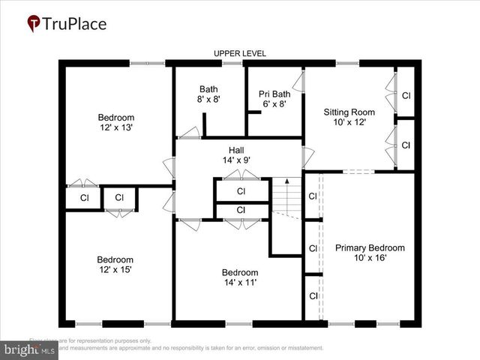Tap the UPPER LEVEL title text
coord(240,53)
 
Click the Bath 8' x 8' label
coord(209,94)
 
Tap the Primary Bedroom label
coord(370,248)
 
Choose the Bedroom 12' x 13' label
coord(116,122)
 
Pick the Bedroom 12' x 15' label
coord(116,265)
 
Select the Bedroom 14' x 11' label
coord(240,277)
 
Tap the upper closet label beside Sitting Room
coord(406,96)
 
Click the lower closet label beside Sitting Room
coord(406,145)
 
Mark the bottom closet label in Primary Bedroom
coord(313,296)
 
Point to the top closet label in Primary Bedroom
coord(313,196)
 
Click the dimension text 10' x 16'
coord(370,258)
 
